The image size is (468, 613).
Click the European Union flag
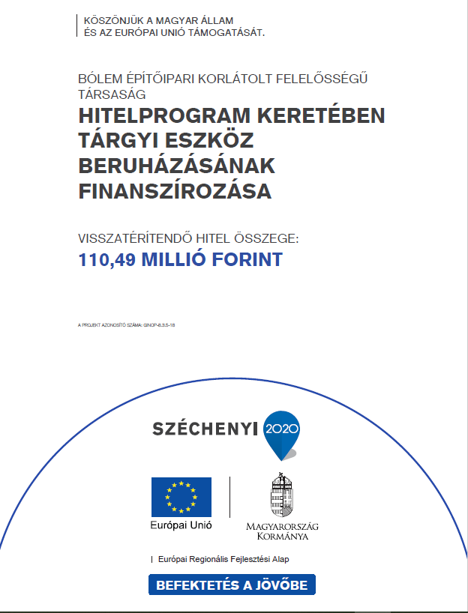click(x=181, y=496)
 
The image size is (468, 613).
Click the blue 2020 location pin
click(x=281, y=433)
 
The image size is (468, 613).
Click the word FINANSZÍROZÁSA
click(x=174, y=192)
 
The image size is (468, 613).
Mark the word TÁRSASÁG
click(x=112, y=94)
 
